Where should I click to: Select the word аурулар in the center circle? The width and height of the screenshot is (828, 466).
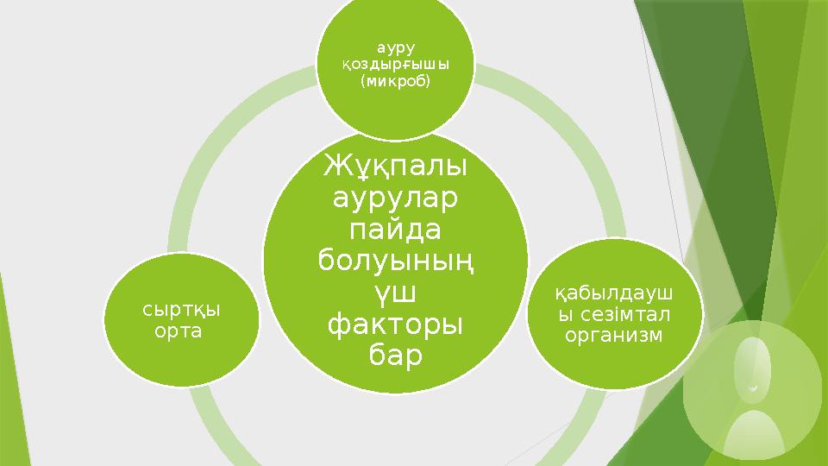tap(395, 199)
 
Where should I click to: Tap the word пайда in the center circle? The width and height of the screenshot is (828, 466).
tap(395, 230)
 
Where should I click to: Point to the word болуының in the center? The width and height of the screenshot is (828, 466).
tap(395, 261)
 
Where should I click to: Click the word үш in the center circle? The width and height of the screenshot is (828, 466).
tap(395, 293)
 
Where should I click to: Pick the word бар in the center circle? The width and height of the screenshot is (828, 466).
tap(395, 356)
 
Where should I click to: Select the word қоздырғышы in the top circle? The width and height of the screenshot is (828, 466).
tap(395, 65)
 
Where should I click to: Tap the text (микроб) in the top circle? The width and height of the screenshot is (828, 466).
tap(395, 81)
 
